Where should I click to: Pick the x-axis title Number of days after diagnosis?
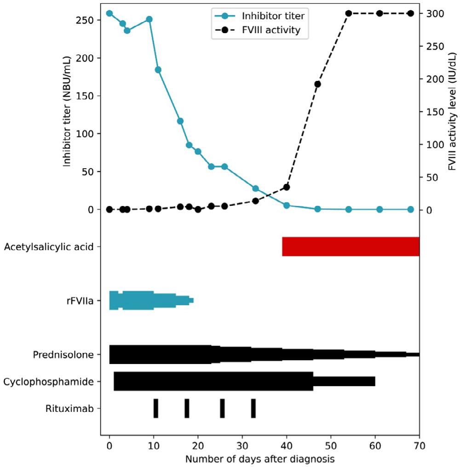tap(259, 459)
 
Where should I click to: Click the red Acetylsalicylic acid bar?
tap(351, 246)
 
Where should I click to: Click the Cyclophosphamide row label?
tap(52, 382)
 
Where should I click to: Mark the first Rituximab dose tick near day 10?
tap(155, 408)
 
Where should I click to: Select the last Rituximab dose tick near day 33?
tap(253, 408)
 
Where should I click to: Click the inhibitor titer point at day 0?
tap(109, 13)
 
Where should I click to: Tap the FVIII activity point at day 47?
tap(317, 84)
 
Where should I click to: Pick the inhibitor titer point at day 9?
tap(149, 19)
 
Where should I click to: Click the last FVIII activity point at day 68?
tap(411, 13)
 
